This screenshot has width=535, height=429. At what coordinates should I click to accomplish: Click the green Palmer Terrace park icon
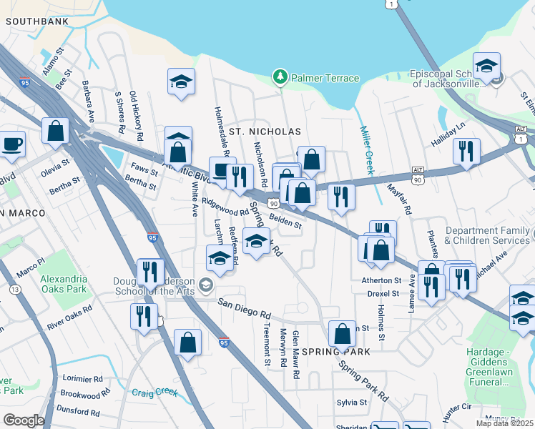280,76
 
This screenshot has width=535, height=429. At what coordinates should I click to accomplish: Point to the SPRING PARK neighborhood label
336,352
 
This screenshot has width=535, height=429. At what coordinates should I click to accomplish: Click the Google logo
24,420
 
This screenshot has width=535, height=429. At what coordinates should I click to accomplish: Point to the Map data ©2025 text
504,423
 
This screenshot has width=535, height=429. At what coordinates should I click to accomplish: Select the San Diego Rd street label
245,308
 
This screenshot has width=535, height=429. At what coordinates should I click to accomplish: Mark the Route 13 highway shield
14,289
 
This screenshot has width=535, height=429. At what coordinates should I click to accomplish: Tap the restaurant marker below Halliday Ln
466,151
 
